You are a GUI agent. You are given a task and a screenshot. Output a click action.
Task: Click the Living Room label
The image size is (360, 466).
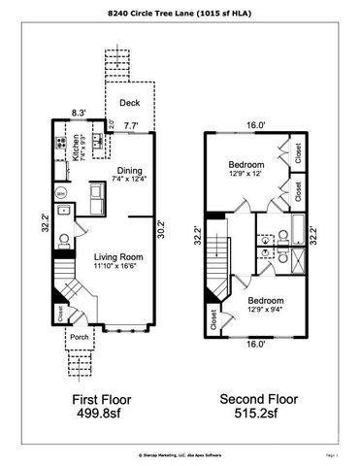(114, 256)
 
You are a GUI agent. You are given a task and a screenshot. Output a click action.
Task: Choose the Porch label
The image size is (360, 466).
(80, 339)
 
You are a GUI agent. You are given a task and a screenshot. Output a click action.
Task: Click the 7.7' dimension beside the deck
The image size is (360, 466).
(131, 124)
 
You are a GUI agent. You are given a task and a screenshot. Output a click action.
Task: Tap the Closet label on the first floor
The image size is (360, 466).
(60, 314)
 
